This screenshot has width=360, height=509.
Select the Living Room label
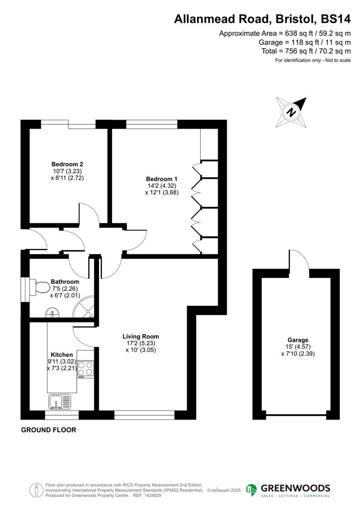140,337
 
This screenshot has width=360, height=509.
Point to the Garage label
298,339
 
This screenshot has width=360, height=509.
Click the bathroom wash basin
52,312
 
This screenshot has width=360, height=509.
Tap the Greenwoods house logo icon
252,490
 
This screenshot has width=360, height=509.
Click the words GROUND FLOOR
49,430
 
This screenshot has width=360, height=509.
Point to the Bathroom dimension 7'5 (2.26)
65,289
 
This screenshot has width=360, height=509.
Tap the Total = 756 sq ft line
306,51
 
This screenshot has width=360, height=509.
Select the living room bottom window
145,415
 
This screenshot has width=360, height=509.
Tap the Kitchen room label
62,355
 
